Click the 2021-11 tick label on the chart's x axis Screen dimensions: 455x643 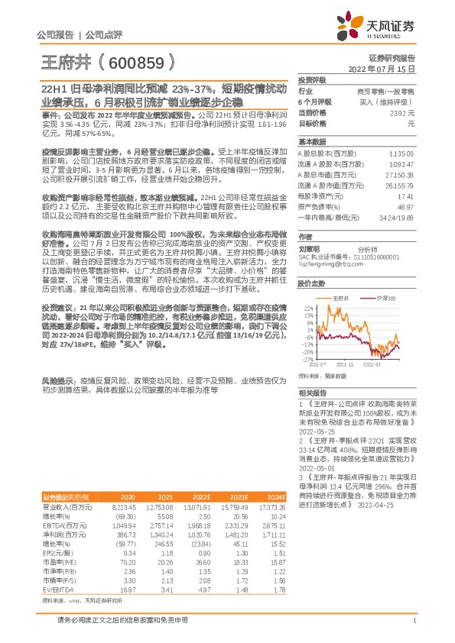click(351, 365)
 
